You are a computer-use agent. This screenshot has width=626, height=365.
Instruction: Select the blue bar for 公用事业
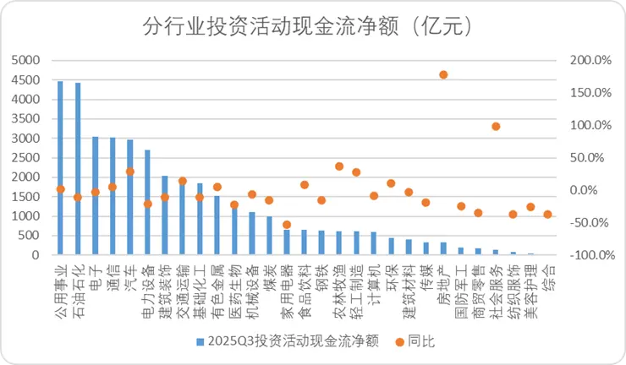coord(60,168)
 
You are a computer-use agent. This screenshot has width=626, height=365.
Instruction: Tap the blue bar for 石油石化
coord(78,169)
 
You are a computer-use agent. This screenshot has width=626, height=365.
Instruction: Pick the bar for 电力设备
coord(147,203)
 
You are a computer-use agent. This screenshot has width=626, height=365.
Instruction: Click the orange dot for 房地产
coord(443,74)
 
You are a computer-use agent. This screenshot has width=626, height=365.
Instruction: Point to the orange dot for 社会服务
coord(496,127)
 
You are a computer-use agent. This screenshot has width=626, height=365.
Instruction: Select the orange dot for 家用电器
coord(287,225)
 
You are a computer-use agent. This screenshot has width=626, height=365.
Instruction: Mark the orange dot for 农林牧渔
coord(339,166)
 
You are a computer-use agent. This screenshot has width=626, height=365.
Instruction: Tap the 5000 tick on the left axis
coord(27,61)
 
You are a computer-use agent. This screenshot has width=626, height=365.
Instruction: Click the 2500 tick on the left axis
coord(27,158)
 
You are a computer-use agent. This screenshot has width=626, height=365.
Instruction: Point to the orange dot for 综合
coord(548,215)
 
